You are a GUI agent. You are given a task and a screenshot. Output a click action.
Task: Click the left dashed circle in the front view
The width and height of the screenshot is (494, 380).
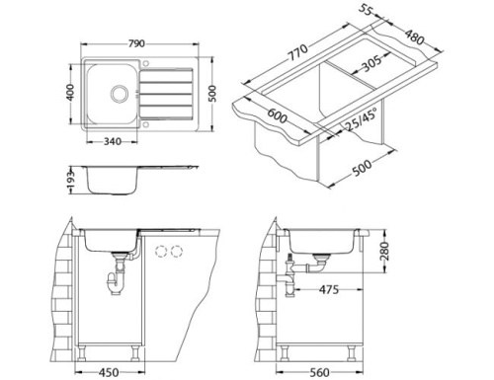tap(161, 252)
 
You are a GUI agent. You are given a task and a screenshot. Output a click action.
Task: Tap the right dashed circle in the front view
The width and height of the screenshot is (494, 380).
tap(177, 252)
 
